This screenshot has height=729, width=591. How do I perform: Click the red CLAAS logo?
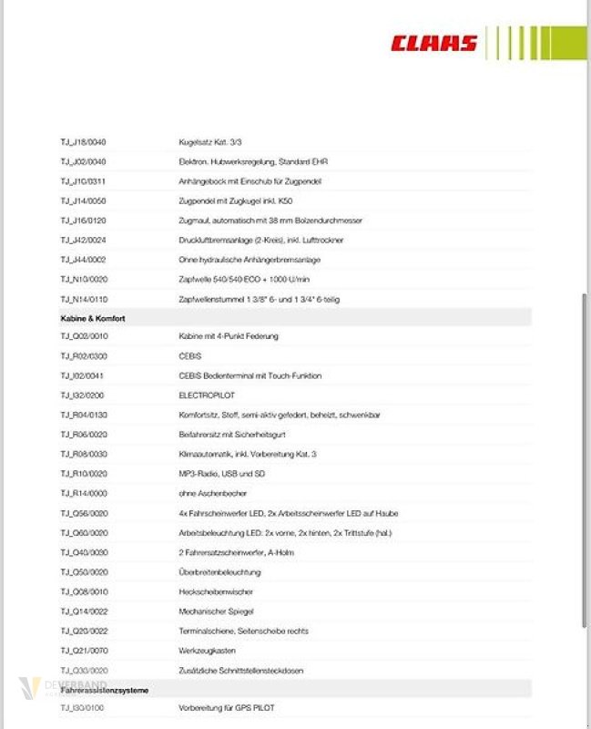coord(434,43)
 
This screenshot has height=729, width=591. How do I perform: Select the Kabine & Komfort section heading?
coord(93,318)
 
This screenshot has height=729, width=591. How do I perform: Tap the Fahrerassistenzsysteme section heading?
coord(105,690)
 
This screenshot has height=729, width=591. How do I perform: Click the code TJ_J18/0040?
coord(84,142)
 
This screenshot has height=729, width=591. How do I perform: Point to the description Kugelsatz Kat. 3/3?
coord(210,142)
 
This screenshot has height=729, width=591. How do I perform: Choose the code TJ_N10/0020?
coord(84,279)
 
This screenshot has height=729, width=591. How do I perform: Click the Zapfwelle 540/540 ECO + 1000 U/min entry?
coord(244,279)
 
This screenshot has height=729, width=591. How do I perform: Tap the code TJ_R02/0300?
coord(84,356)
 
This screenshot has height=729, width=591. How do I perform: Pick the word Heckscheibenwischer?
coord(215,591)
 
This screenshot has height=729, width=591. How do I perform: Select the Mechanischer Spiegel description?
coord(216,611)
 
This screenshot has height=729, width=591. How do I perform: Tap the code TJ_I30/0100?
coord(83,708)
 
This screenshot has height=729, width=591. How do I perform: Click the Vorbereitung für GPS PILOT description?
coord(227,708)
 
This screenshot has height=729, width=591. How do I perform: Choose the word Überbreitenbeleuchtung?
coord(219,572)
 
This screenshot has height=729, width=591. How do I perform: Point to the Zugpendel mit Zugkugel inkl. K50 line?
coord(236,200)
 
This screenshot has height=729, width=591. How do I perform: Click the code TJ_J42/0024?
coord(84,240)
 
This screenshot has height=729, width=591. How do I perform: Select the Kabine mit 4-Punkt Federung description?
coord(229,336)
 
